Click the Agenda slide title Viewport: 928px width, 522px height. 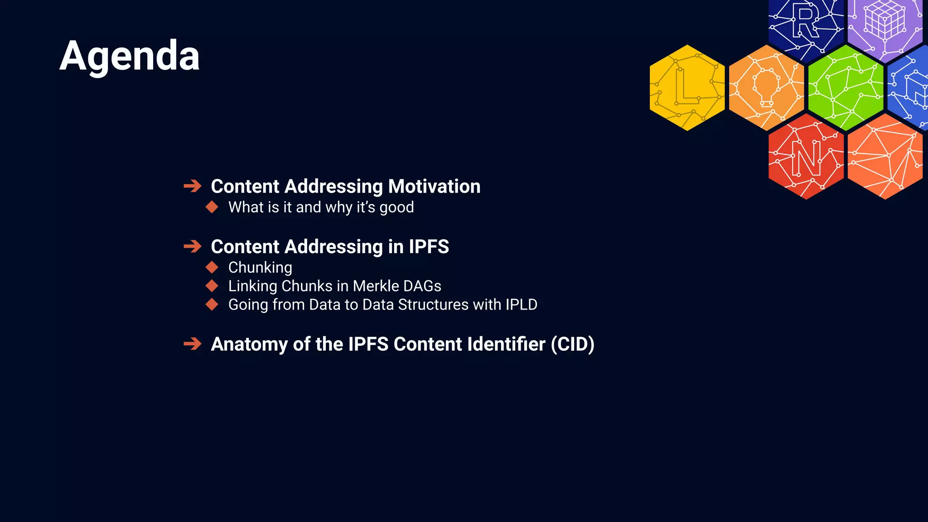129,56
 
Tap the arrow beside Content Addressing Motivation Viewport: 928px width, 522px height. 193,186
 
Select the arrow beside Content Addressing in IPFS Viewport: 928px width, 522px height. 193,246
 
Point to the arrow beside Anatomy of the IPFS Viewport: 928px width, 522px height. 193,344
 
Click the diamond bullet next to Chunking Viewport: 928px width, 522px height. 212,267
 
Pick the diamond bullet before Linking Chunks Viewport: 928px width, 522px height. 212,286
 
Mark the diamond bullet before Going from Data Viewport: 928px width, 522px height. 212,304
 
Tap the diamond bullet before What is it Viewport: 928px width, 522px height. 212,207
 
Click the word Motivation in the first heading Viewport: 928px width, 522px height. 434,186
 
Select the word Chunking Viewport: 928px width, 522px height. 260,267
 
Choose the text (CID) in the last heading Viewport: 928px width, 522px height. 572,344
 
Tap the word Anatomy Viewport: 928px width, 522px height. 249,344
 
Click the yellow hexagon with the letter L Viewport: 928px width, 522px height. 687,87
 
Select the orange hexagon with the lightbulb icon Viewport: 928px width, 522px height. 766,87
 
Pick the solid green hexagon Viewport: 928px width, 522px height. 846,87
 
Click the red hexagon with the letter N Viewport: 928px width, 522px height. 806,156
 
